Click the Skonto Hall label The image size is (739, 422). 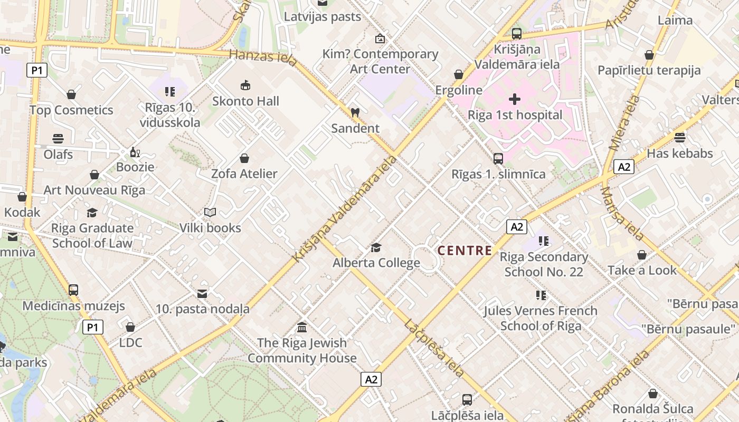point(245,101)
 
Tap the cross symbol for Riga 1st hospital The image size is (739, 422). point(515,99)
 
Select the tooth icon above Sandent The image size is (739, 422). point(355,112)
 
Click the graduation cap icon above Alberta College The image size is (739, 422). point(376,247)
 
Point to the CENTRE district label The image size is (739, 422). point(465,251)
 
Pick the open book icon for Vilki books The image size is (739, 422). point(210,212)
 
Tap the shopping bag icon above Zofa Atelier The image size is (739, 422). point(244,158)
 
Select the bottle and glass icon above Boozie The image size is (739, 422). point(135,152)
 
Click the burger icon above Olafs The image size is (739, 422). point(58,139)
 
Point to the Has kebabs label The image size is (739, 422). point(680,154)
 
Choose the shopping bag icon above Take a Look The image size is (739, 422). point(642,255)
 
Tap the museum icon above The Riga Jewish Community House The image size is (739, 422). point(302,328)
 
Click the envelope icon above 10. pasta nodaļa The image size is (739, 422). point(202,293)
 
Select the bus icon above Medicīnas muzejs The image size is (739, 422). point(73,290)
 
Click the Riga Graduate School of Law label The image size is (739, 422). point(92,235)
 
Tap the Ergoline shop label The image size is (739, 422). point(459,90)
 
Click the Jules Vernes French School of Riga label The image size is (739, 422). point(541,318)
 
